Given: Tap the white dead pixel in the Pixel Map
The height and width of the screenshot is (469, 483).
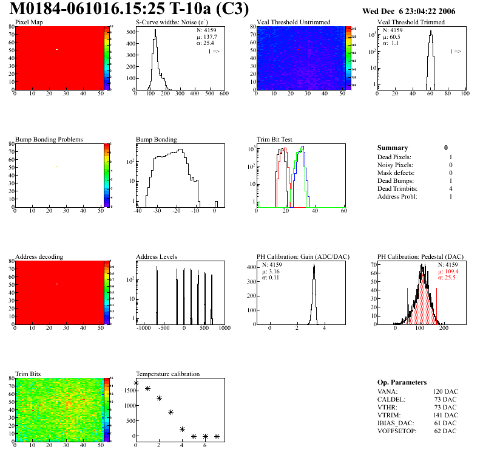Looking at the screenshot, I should click(x=56, y=49).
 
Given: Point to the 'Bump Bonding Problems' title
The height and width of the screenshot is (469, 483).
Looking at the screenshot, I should click(x=49, y=140).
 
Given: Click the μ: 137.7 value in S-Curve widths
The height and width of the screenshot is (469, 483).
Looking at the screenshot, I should click(x=206, y=36).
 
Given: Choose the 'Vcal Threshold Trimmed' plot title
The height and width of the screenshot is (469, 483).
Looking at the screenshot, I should click(x=411, y=22).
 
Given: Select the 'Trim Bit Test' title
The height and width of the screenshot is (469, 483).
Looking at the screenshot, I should click(x=274, y=140).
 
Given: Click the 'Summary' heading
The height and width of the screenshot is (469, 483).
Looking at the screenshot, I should click(x=393, y=148).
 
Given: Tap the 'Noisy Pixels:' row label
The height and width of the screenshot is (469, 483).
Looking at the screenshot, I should click(x=394, y=165).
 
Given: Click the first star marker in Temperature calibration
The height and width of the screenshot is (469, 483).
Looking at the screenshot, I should click(x=136, y=383).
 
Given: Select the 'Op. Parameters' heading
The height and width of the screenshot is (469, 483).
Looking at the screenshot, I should click(x=402, y=382).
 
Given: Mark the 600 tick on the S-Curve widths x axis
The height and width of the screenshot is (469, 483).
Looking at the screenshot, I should click(x=223, y=94).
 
